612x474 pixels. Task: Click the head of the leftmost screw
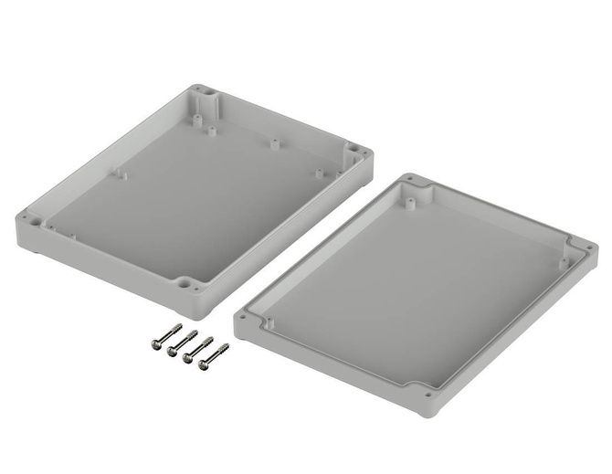coord(156,344)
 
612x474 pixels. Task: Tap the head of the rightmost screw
coord(203,365)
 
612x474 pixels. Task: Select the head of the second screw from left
coord(172,351)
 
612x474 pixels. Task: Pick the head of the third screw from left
coord(187,358)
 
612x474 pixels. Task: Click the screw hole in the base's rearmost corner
coord(203,93)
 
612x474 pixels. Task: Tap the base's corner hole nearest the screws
coord(191,285)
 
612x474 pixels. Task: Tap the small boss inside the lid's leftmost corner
coord(263,323)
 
